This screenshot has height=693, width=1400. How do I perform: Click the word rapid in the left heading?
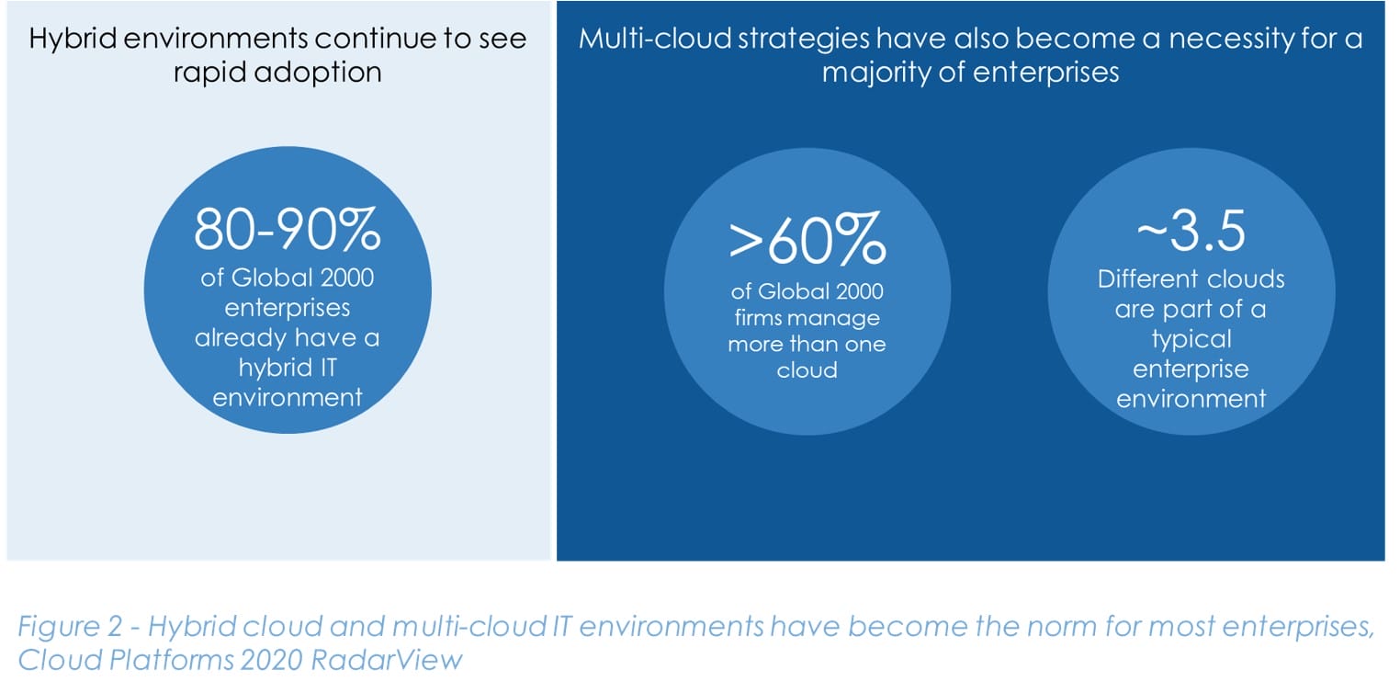[215, 72]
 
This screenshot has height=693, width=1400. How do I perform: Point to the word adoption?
[321, 73]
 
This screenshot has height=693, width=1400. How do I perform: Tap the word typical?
[1191, 338]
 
